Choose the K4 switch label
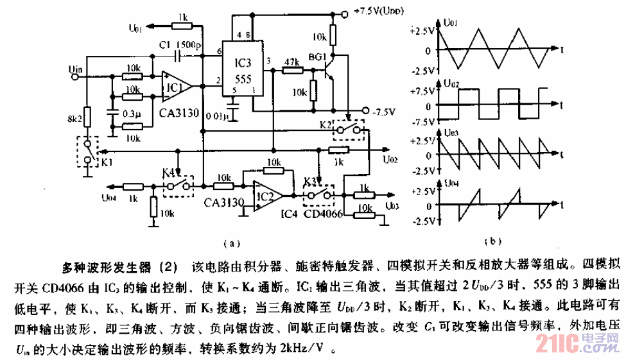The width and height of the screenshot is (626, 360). coord(169,172)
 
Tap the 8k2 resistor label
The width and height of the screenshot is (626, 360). coord(75,119)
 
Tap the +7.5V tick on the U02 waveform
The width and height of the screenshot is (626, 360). coord(425,90)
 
